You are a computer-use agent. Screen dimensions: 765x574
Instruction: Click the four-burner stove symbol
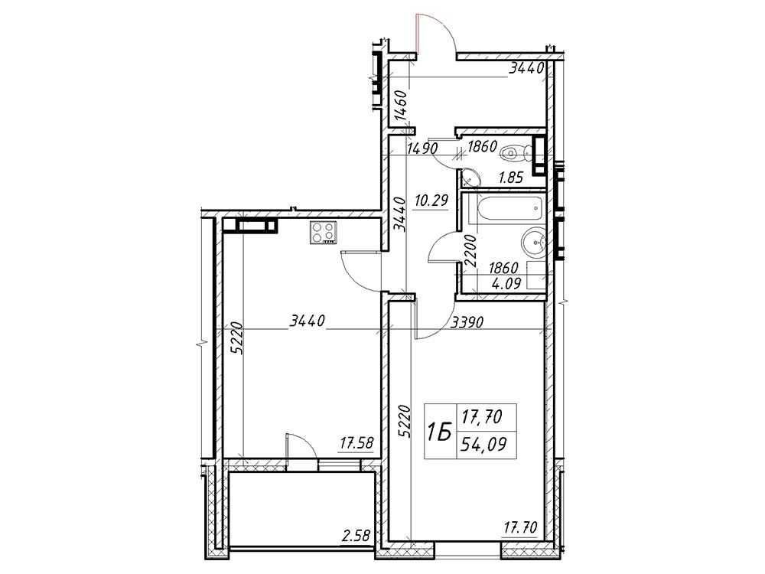(x=323, y=233)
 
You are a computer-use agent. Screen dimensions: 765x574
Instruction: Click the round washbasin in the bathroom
(x=533, y=242)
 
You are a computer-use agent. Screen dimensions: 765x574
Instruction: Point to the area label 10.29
(x=431, y=200)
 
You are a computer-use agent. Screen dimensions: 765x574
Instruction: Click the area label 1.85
(x=510, y=178)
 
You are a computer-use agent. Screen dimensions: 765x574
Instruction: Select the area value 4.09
(x=506, y=283)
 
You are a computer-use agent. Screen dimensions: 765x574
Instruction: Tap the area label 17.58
(x=356, y=444)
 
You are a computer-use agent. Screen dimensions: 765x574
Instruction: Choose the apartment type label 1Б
(x=438, y=432)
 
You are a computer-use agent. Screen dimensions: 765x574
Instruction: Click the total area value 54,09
(x=484, y=445)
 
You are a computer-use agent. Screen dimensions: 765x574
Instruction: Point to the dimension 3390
(x=467, y=322)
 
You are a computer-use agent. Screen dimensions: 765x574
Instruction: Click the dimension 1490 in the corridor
(x=422, y=148)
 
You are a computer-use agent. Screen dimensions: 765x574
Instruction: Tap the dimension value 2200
(x=470, y=250)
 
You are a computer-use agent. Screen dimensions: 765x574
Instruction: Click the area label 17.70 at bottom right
(x=520, y=527)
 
